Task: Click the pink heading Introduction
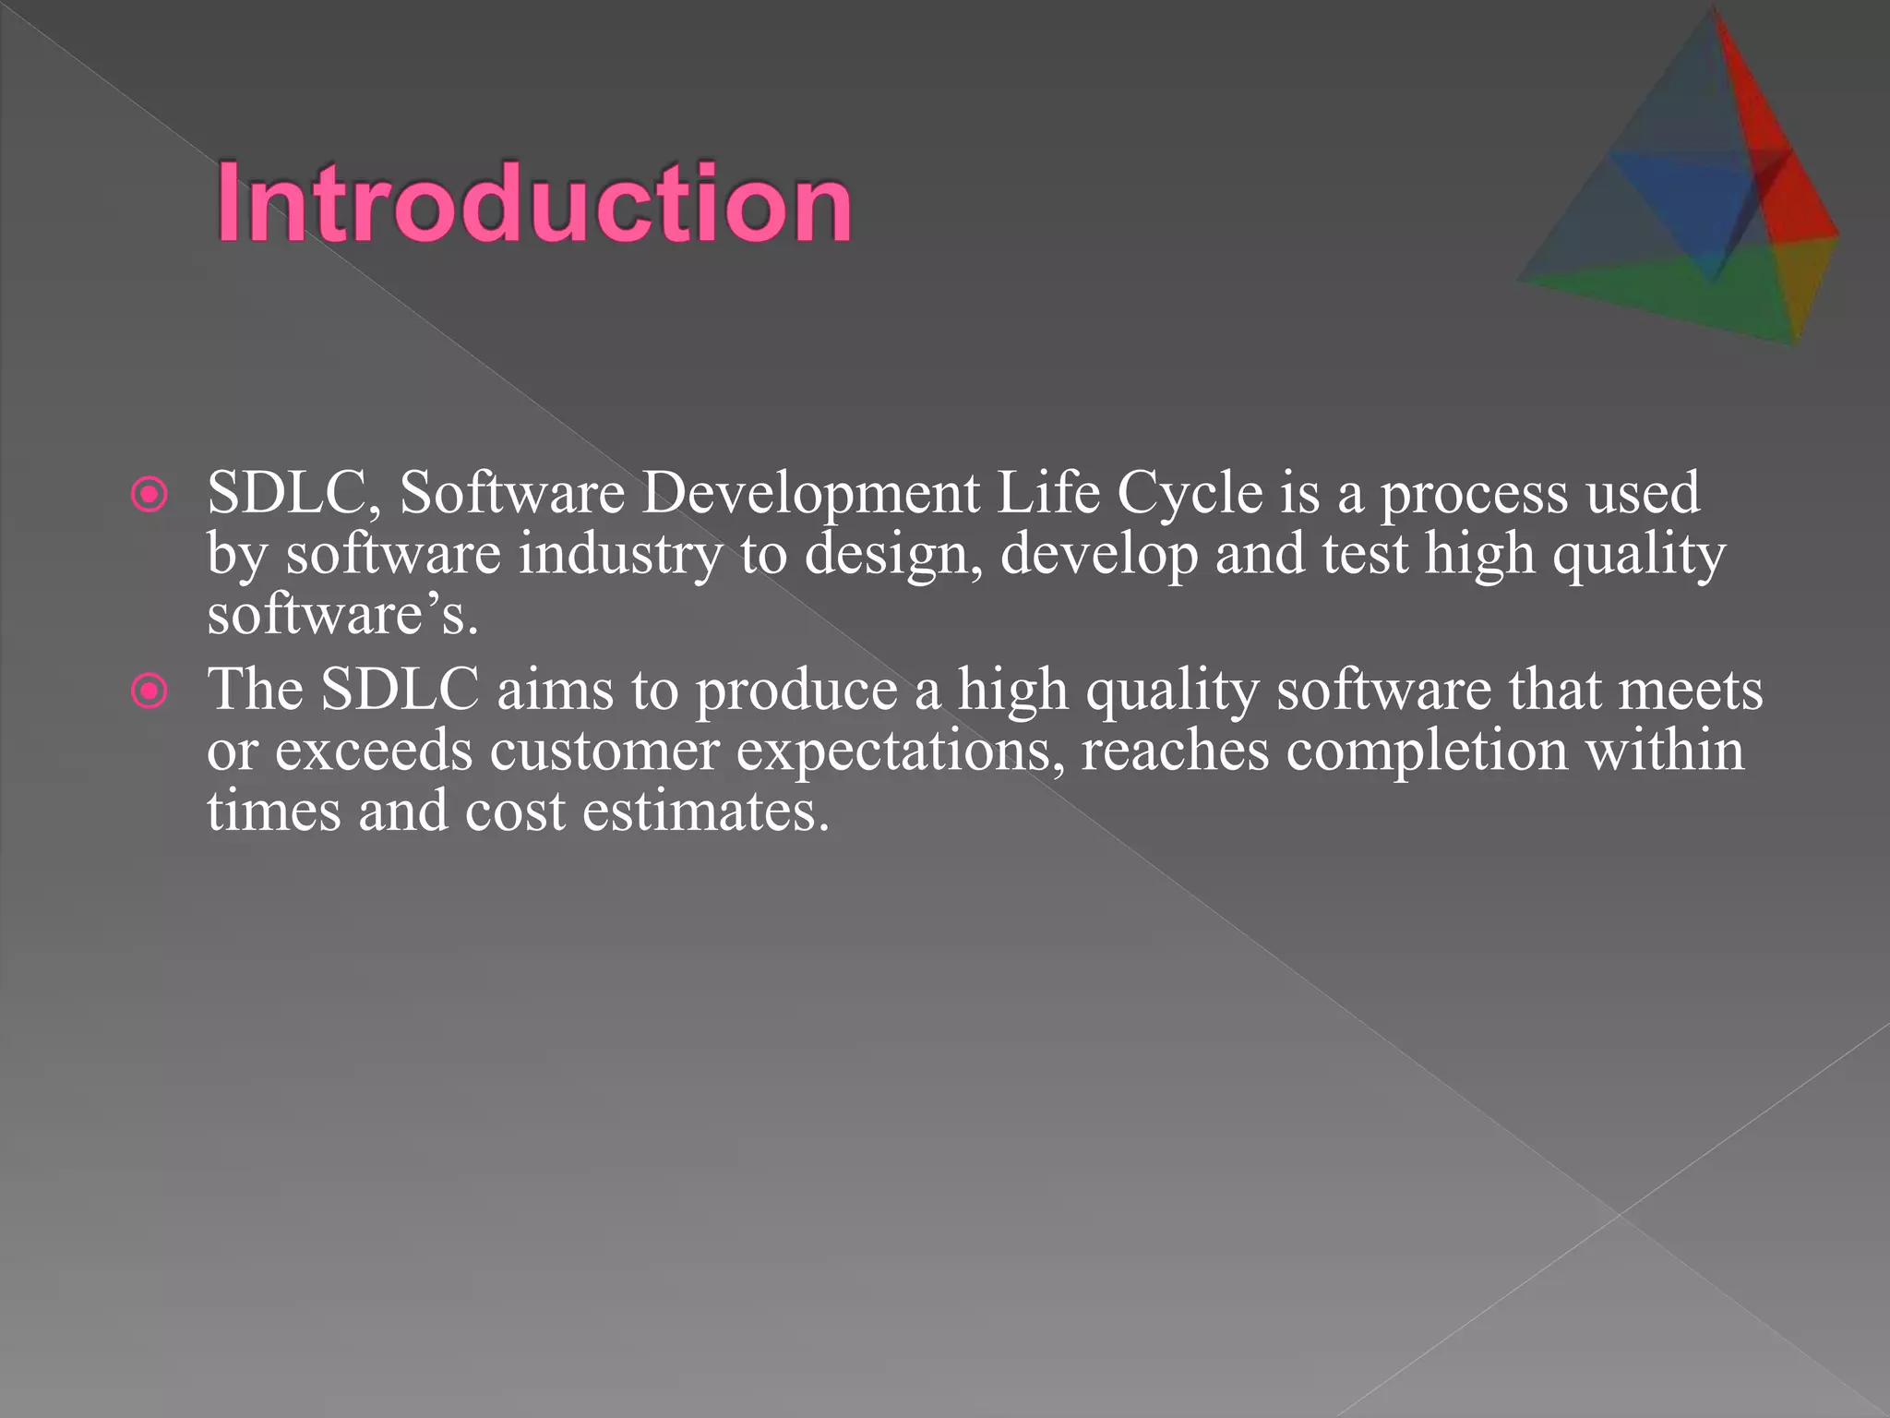pos(533,203)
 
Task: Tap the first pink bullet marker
pos(150,495)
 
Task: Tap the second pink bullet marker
pos(150,691)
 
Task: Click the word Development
pos(810,493)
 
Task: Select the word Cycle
pos(1190,493)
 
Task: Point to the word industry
pos(619,554)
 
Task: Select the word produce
pos(796,690)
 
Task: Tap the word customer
pos(604,750)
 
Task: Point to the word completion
pos(1427,750)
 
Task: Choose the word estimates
pos(706,811)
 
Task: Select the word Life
pos(1047,493)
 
